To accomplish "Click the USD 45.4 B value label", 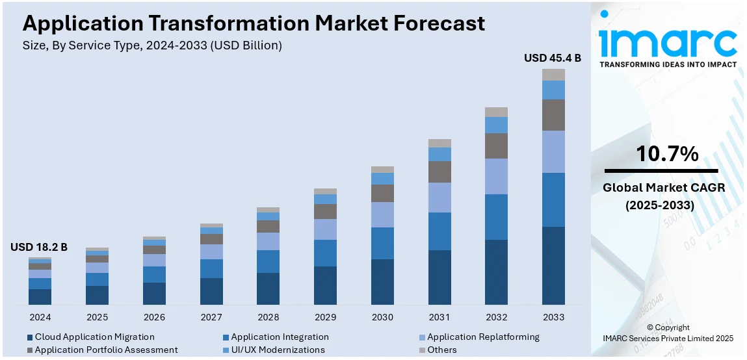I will [553, 58].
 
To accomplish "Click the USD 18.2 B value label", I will [39, 247].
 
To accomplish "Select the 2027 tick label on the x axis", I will [211, 317].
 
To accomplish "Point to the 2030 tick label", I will [382, 317].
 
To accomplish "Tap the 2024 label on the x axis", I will [40, 317].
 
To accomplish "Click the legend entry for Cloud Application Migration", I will [94, 337].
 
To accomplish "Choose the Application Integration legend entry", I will [280, 337].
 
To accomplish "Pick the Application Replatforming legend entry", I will [483, 337].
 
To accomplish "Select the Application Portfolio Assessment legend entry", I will [106, 350].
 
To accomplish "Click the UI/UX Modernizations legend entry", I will [278, 350].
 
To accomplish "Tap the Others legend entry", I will [441, 350].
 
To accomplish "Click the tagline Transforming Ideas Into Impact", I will [668, 64].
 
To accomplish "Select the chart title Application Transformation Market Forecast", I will [254, 23].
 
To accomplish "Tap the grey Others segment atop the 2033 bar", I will [553, 75].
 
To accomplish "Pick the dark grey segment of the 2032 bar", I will [496, 146].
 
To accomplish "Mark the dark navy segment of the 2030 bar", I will [382, 281].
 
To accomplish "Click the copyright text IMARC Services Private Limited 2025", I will [668, 338].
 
